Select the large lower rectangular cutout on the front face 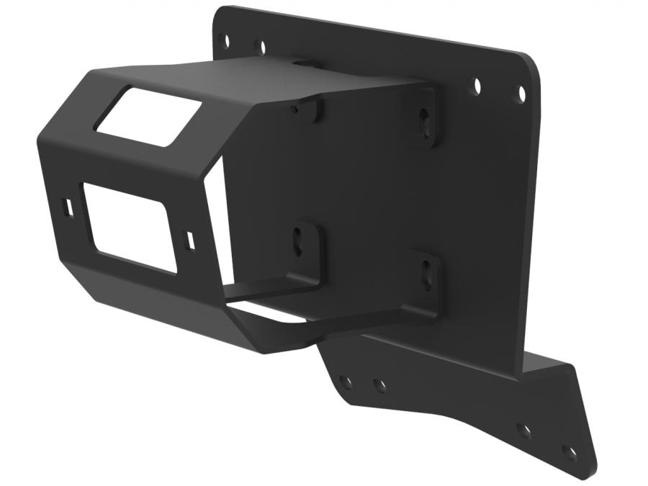130,227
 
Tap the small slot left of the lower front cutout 68,207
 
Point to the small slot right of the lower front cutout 189,240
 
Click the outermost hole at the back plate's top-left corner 225,40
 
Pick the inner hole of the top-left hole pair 260,48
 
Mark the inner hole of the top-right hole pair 476,86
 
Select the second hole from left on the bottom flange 379,384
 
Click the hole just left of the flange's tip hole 524,431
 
